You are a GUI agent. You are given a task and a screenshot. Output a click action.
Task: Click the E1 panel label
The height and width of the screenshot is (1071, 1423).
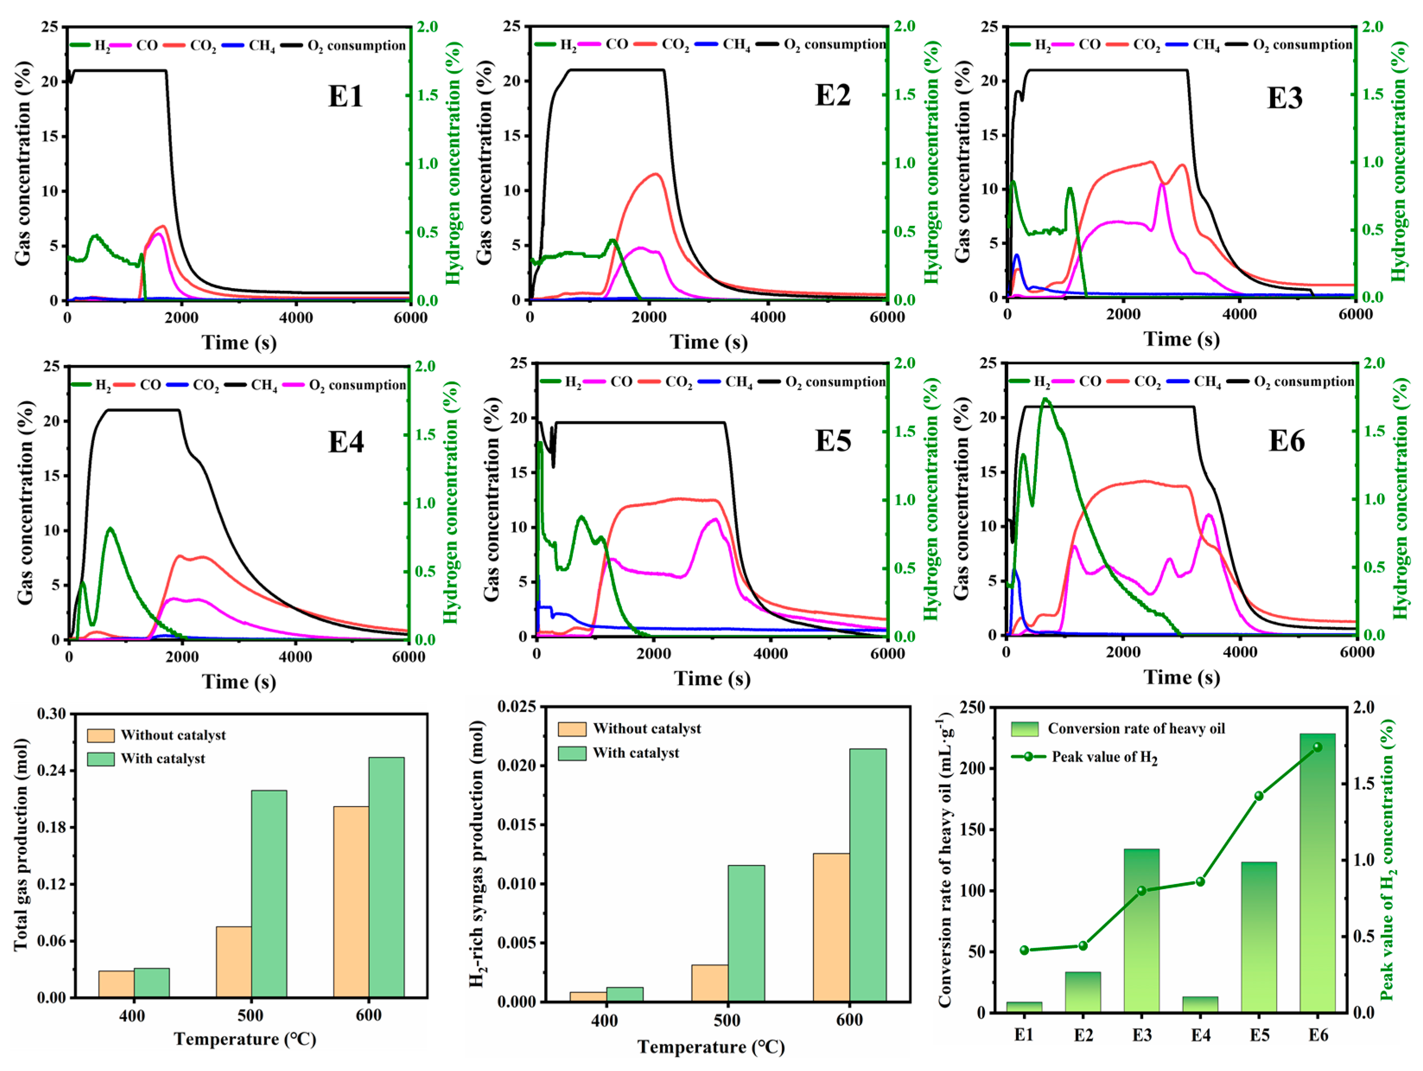pos(346,96)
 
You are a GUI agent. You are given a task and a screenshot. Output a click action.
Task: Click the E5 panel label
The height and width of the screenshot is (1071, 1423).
pos(832,441)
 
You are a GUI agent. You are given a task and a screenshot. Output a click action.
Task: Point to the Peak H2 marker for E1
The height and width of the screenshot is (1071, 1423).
pos(1024,950)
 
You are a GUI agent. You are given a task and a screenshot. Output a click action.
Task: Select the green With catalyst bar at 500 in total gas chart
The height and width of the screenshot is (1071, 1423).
pos(269,894)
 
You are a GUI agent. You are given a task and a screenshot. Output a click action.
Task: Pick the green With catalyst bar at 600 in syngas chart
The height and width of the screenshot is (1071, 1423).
pos(868,875)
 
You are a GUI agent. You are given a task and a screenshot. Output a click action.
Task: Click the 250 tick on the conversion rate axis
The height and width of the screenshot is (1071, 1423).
pos(973,707)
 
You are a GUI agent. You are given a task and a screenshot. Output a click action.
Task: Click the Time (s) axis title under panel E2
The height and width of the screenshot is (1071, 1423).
pos(708,342)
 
